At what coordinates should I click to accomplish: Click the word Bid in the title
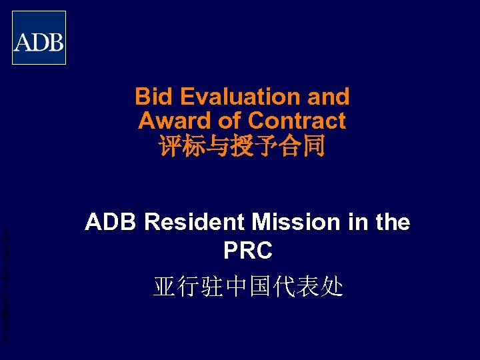(150, 97)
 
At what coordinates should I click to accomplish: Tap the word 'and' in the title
(328, 97)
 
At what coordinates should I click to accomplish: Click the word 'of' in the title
(231, 121)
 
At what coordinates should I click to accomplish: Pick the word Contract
(297, 121)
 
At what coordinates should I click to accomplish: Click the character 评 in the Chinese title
(169, 146)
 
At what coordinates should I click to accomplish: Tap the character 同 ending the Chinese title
(314, 146)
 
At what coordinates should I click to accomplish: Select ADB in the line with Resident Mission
(111, 223)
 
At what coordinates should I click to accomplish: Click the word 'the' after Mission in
(392, 223)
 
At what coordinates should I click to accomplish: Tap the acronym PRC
(247, 251)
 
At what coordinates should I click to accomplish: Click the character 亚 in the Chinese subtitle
(165, 287)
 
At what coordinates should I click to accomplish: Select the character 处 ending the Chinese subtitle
(333, 287)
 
